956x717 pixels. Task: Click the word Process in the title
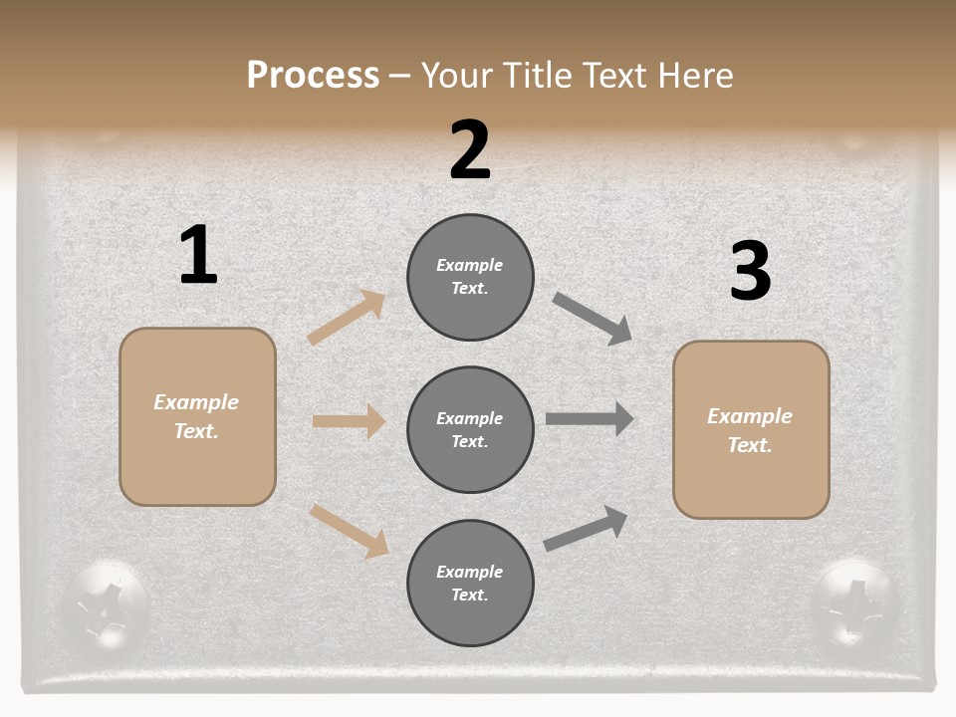[x=313, y=75]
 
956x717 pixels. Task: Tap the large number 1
[x=198, y=255]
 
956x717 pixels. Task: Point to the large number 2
[x=470, y=150]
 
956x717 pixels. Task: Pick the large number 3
[x=750, y=271]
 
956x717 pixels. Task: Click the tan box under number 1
[x=197, y=416]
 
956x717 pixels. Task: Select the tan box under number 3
[x=751, y=429]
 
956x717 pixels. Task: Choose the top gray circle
[x=470, y=277]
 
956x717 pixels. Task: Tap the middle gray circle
[x=470, y=429]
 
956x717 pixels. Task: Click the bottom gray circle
[x=470, y=583]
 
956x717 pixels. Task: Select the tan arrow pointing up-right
[x=347, y=318]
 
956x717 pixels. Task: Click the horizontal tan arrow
[x=349, y=421]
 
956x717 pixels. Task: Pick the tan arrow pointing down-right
[x=349, y=531]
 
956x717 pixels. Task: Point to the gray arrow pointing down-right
[x=593, y=319]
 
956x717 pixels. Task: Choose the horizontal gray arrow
[x=590, y=418]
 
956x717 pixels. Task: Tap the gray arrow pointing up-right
[x=586, y=528]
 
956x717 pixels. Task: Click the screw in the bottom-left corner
[x=104, y=603]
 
